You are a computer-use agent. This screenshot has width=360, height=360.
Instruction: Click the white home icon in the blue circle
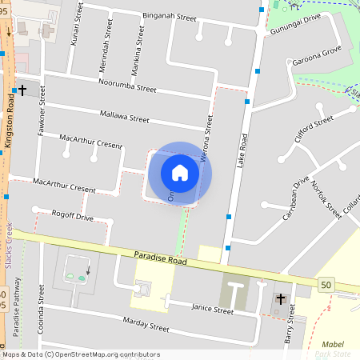180,172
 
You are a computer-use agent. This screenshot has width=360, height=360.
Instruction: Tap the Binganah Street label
170,17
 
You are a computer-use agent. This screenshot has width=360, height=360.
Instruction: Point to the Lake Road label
242,150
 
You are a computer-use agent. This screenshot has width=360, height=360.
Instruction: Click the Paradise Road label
160,262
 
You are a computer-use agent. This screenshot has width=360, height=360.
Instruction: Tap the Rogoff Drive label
72,217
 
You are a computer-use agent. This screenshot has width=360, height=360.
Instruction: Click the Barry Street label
290,329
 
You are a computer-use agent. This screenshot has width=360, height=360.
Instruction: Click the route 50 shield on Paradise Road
326,285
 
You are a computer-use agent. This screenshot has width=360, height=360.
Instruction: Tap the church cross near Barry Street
280,299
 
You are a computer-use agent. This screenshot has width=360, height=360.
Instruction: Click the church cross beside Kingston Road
23,91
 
